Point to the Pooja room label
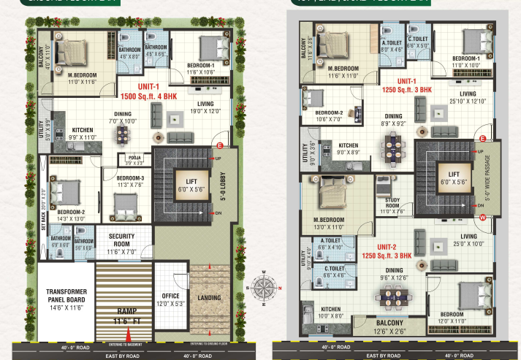(134, 159)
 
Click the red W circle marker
(482, 217)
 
